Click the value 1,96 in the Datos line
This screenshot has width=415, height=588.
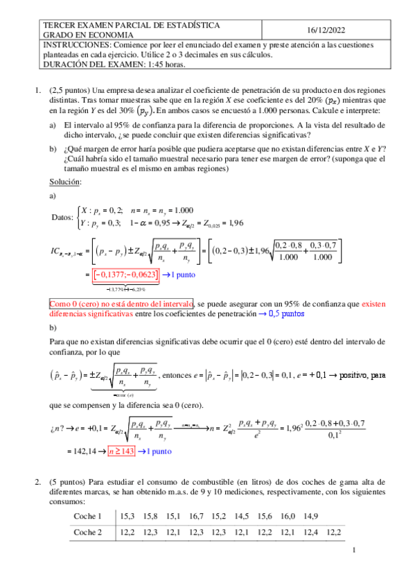pyautogui.click(x=237, y=223)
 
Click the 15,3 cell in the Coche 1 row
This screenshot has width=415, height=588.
pyautogui.click(x=128, y=516)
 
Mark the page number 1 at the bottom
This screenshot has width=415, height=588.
pyautogui.click(x=353, y=551)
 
